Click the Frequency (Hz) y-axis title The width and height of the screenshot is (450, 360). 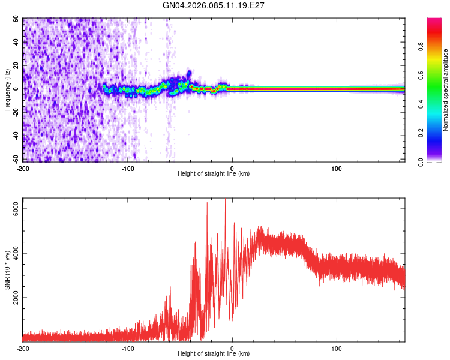click(x=7, y=89)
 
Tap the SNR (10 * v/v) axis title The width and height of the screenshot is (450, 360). click(x=7, y=271)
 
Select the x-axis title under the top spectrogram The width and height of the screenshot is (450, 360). click(x=214, y=173)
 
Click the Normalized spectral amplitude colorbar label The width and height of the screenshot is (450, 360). click(x=446, y=90)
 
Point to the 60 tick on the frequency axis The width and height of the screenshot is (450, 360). click(x=16, y=19)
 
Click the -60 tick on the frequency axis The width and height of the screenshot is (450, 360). click(x=14, y=160)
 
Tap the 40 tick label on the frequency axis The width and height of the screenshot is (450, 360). click(x=16, y=43)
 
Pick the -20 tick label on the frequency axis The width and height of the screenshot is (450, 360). click(x=14, y=113)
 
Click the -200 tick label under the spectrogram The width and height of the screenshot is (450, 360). click(x=23, y=167)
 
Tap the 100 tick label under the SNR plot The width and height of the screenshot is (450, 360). click(x=337, y=348)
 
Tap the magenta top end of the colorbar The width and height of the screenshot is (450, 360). click(x=434, y=21)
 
